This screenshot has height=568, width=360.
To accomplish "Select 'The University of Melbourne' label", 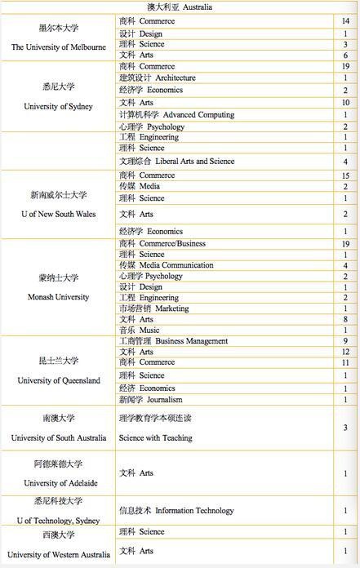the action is point(59,47).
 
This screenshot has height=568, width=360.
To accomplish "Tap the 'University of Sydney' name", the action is point(58,106).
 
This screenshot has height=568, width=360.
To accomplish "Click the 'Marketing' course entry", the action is point(171,308).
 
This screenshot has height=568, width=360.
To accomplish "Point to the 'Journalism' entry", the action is point(167,400).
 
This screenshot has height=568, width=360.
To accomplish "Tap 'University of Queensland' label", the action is point(58,380).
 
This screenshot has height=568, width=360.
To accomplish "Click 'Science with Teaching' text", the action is point(156,437).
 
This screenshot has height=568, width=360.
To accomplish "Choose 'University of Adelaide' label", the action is point(58,483).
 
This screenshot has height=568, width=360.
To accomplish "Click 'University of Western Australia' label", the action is point(58,555).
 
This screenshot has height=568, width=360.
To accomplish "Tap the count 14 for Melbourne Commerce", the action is point(346,20).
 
